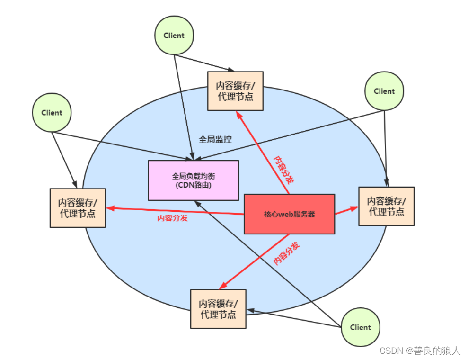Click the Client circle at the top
coord(174,36)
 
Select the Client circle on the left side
coord(52,113)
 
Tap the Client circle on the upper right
coord(384,91)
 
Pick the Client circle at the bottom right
coord(360,327)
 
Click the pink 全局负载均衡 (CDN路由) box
coord(193,180)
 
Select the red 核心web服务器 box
coord(289,214)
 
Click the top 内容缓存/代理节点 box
coord(235,91)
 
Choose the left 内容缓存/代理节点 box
coord(78,208)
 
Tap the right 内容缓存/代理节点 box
coord(386,206)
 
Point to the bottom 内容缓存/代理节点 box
coord(218,309)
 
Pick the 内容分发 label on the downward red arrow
coord(286,253)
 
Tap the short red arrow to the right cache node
coord(346,211)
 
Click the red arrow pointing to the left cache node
coord(175,211)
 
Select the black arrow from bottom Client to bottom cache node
coord(293,318)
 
